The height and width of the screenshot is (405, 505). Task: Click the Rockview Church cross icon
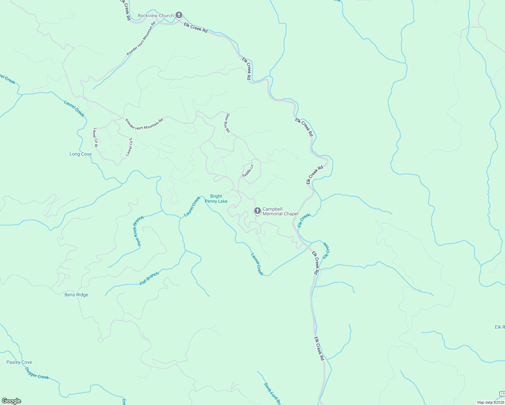point(179,15)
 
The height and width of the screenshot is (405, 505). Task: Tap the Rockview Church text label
point(156,16)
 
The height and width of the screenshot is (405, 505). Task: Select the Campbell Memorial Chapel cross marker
point(257,211)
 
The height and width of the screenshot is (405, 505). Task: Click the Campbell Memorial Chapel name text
point(280,211)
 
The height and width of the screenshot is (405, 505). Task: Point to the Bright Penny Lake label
point(216,198)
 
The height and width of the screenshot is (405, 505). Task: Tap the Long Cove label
point(80,154)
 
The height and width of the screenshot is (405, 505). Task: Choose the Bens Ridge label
point(76,295)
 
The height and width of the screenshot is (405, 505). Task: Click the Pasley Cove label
point(19,362)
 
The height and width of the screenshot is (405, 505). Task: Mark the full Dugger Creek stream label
point(37,373)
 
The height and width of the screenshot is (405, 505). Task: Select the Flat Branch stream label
point(149,279)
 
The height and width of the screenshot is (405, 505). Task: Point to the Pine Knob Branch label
point(138,231)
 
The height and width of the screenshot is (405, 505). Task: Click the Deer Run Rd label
point(228,123)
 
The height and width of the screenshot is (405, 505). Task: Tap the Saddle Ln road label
point(247,171)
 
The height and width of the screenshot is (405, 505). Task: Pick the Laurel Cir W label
point(96,137)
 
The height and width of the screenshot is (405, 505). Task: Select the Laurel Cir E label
point(129,147)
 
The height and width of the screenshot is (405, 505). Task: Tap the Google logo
point(11,401)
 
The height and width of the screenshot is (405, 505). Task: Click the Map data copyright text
point(490,402)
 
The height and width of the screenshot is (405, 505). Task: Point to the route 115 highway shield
point(502,394)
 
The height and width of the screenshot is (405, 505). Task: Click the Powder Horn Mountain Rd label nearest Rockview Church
point(141,38)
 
